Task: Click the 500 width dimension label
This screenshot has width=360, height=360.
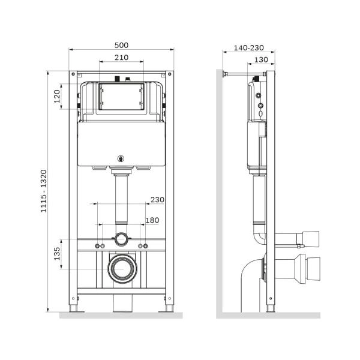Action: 122,46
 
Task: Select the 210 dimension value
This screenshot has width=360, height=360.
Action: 122,58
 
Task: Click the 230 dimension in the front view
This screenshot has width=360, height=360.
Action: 157,200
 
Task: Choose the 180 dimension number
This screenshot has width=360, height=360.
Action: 152,220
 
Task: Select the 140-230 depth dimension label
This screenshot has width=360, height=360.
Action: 248,47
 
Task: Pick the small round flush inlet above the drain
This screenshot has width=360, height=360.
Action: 122,239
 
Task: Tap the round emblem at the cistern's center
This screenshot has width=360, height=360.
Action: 122,159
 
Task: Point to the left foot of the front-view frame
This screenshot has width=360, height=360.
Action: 74,307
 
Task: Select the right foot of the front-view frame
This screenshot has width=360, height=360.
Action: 170,307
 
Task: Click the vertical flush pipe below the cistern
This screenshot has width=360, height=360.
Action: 122,201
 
